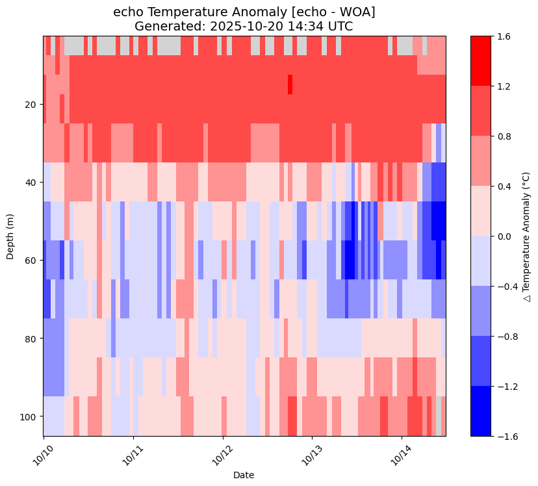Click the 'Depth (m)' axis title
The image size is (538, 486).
click(10, 236)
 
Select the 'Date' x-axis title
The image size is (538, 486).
click(244, 475)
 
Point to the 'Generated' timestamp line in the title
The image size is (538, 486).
click(244, 26)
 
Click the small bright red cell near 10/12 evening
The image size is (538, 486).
click(290, 84)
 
